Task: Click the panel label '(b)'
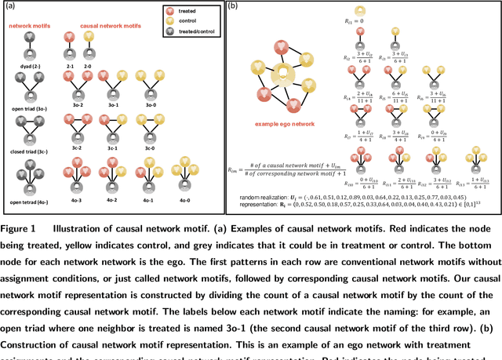[233, 7]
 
